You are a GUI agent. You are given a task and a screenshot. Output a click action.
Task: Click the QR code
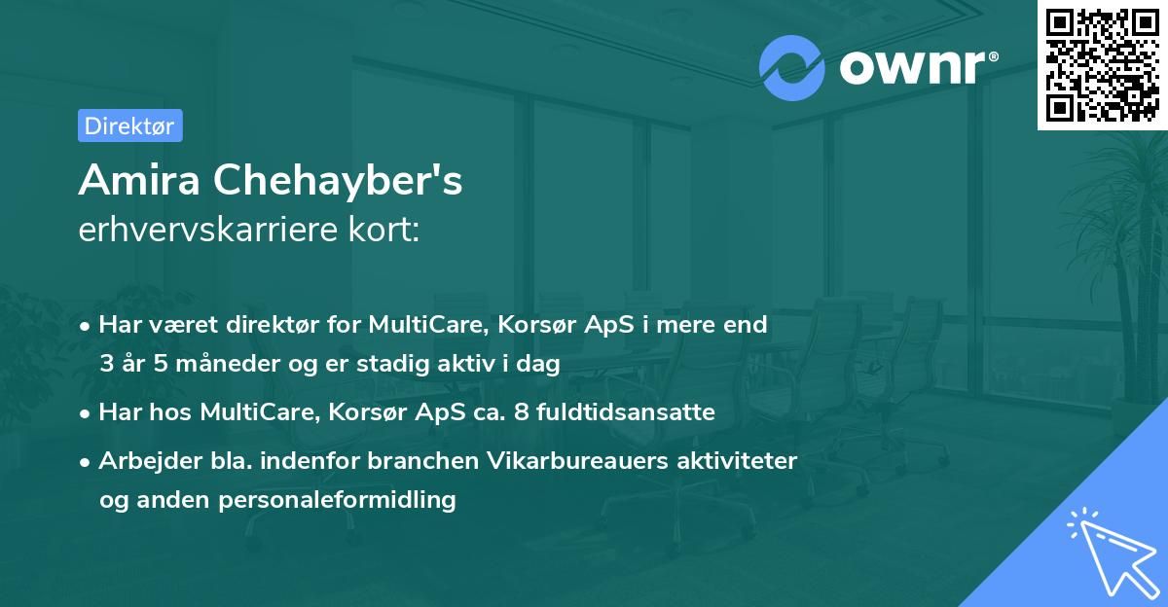[1103, 64]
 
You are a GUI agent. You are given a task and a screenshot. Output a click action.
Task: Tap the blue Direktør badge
[129, 125]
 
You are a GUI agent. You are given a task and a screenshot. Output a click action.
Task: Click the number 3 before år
[106, 365]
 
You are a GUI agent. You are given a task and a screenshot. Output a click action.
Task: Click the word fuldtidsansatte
[637, 412]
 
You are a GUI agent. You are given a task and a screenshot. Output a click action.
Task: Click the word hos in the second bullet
[170, 412]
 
